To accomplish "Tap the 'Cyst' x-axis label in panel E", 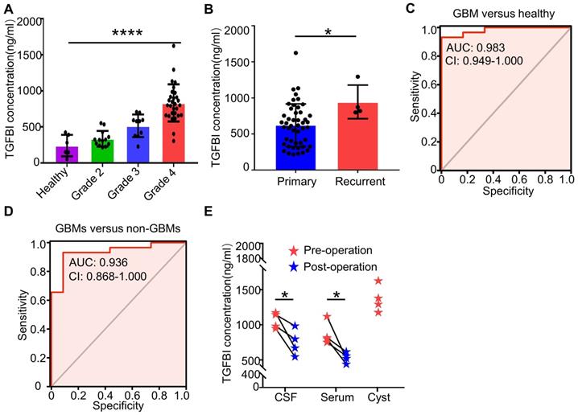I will pyautogui.click(x=378, y=398).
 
